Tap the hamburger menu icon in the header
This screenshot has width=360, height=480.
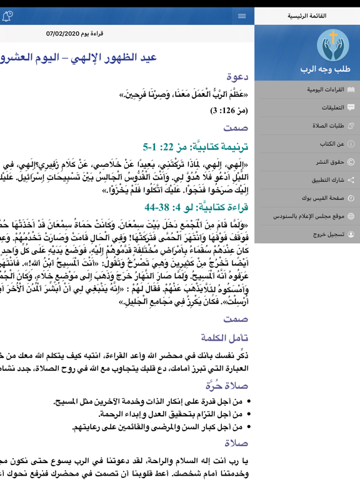[242, 16]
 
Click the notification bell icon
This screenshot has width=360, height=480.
[7, 16]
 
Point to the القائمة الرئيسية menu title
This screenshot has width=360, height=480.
[307, 16]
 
